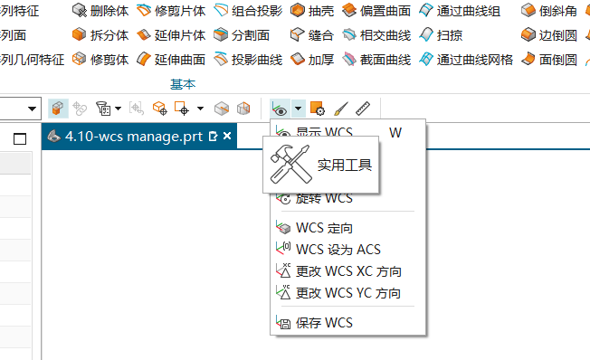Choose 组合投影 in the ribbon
click(247, 12)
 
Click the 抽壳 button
click(312, 12)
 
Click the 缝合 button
click(312, 36)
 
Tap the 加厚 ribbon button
click(312, 61)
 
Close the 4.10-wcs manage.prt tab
click(228, 137)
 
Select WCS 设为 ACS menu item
click(329, 249)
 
